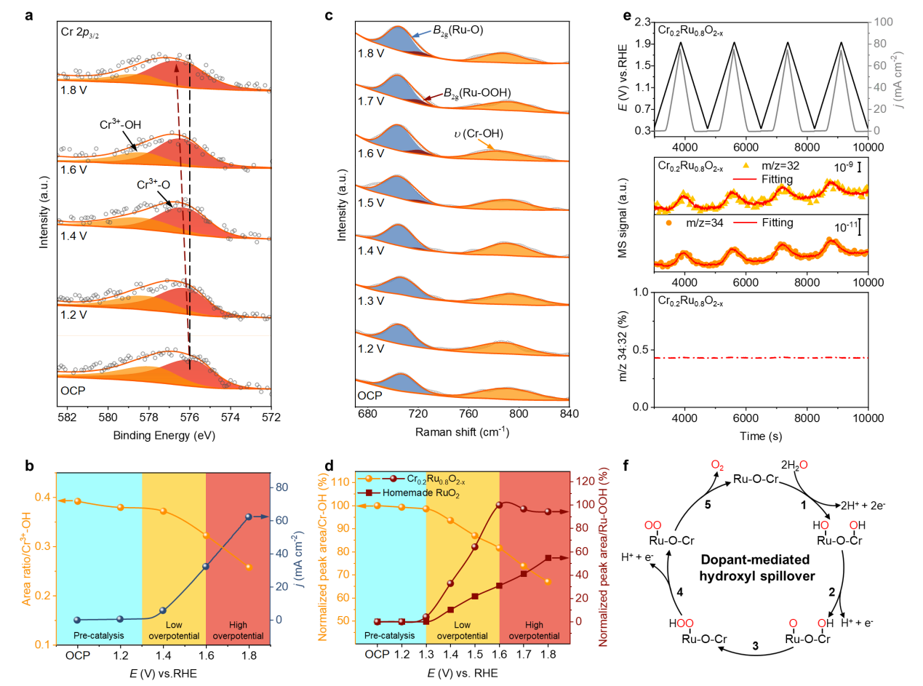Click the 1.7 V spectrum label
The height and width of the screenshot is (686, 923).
[370, 102]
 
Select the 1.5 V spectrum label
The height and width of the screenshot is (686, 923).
[370, 202]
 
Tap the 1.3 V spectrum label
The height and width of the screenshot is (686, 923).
[370, 301]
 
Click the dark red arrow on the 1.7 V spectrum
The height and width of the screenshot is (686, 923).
[433, 97]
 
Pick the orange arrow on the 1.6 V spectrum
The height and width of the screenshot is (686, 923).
[485, 144]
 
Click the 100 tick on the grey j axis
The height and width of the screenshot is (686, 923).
[882, 22]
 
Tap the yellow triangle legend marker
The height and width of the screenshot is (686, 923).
[745, 165]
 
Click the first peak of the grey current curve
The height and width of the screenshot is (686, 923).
[680, 49]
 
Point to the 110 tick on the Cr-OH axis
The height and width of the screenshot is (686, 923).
[340, 482]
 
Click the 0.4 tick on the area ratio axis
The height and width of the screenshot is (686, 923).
[44, 497]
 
